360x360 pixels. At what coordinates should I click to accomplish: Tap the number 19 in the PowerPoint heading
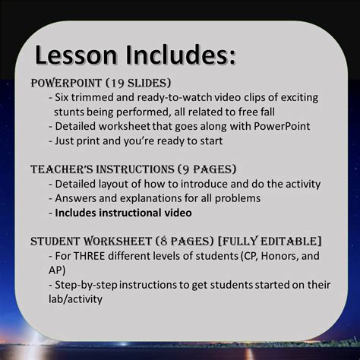122,82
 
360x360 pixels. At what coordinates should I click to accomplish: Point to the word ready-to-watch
172,98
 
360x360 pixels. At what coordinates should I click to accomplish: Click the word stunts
69,112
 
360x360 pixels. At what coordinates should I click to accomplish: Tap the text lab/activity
77,298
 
